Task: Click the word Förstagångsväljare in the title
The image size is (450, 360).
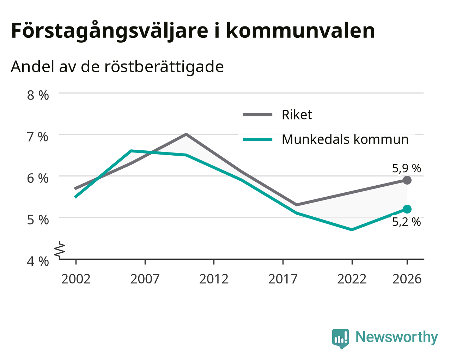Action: click(x=110, y=31)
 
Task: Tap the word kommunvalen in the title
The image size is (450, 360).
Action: click(x=300, y=31)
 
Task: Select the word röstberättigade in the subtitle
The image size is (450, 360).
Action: click(x=164, y=67)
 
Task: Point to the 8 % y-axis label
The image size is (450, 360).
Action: click(x=38, y=95)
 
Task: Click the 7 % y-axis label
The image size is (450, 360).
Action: click(x=38, y=137)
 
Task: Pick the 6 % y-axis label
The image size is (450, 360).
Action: click(x=38, y=179)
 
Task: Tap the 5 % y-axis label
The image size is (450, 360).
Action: click(x=38, y=220)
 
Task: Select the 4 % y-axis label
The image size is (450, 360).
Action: click(x=38, y=262)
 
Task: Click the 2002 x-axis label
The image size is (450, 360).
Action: click(x=76, y=279)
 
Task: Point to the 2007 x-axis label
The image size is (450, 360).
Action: click(x=145, y=279)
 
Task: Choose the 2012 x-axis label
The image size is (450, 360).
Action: click(x=214, y=279)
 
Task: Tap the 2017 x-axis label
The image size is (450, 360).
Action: click(x=283, y=279)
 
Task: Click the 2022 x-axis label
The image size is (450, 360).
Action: click(x=352, y=279)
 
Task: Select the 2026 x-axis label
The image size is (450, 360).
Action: click(x=407, y=279)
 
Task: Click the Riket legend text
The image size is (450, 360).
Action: click(x=297, y=115)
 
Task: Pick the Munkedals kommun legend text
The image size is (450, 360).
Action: click(x=345, y=139)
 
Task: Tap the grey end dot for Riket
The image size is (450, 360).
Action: click(x=407, y=180)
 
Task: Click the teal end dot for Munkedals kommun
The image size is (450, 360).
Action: click(x=407, y=209)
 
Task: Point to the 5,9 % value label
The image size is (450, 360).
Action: click(x=407, y=168)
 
